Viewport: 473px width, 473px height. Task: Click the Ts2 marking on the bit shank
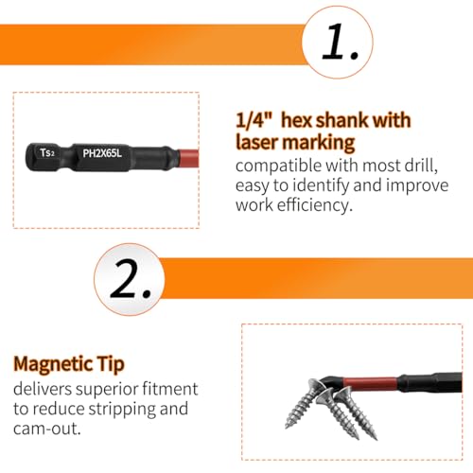click(x=47, y=152)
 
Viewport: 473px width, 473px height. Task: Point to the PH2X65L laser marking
click(x=102, y=153)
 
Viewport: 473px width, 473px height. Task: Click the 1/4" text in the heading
click(x=254, y=120)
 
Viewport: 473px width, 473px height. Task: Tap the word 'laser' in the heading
click(x=257, y=142)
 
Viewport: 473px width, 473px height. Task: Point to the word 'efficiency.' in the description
click(x=314, y=205)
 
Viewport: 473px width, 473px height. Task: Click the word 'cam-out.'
click(x=47, y=429)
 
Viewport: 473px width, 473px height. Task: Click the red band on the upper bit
click(x=188, y=158)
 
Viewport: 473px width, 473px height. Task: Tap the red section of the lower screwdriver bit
click(x=370, y=384)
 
